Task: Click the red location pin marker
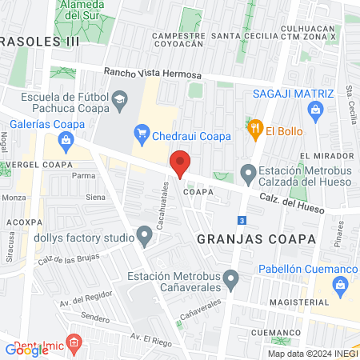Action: click(x=181, y=162)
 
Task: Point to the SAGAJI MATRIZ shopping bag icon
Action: click(x=315, y=110)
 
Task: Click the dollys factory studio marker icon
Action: click(x=144, y=237)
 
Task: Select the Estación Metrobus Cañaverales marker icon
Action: click(x=231, y=280)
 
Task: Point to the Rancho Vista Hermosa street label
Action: click(x=151, y=74)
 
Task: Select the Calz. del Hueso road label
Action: click(x=293, y=205)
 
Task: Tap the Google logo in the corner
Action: click(x=27, y=350)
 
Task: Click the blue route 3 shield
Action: click(x=241, y=220)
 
